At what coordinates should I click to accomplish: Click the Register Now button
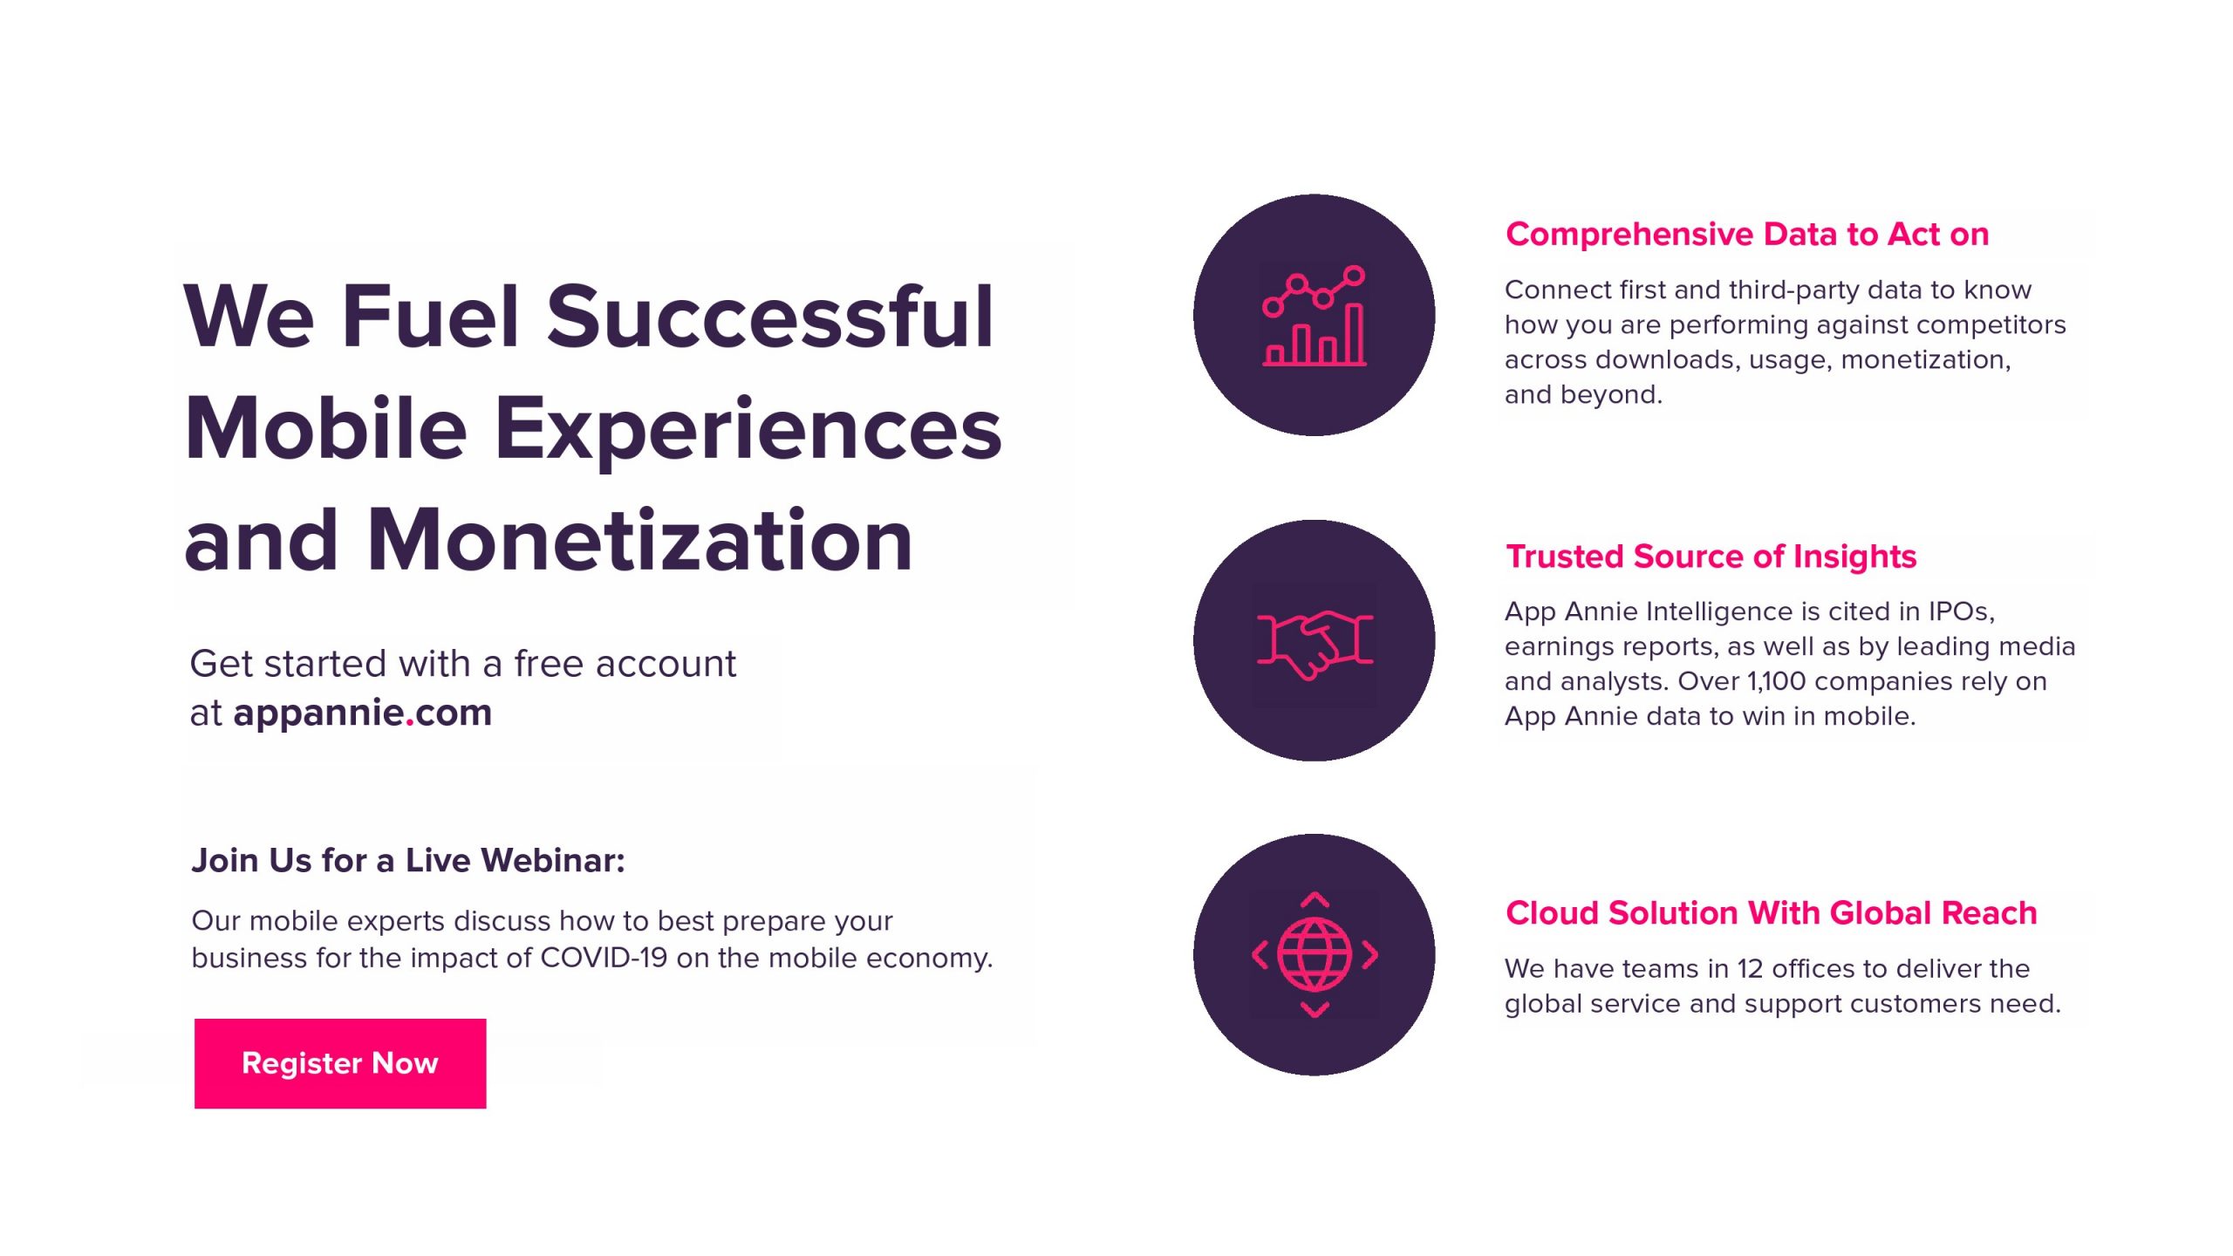340,1063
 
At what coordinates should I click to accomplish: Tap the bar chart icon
1315,316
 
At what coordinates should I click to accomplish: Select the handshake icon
1315,643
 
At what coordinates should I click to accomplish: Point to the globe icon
1315,955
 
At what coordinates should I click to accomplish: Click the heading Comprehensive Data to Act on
1747,234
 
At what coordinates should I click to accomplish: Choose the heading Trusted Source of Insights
1711,556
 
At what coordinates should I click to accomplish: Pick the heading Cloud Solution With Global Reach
1772,913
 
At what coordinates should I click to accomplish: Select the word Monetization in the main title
639,541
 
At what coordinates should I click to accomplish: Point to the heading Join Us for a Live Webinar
408,861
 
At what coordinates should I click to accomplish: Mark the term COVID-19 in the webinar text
604,958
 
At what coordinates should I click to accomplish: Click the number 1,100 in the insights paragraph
1780,681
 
